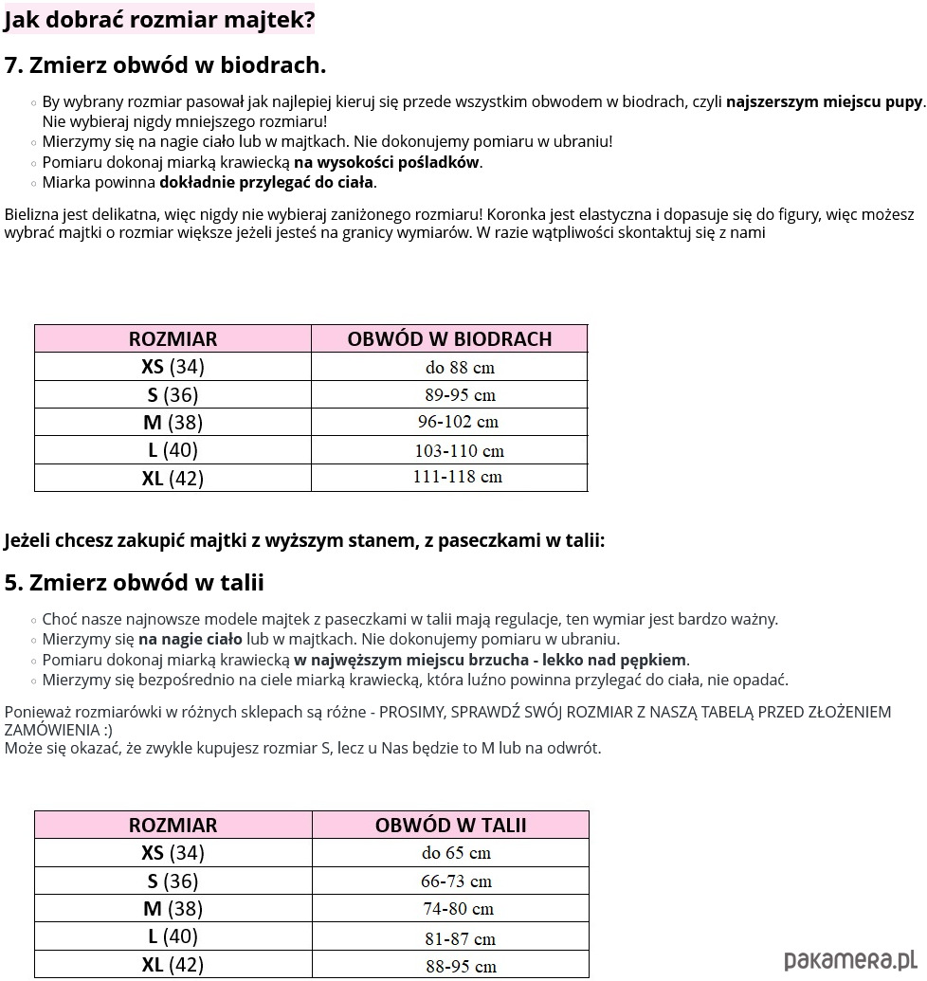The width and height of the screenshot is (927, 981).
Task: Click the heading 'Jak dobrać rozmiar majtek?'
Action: (x=159, y=19)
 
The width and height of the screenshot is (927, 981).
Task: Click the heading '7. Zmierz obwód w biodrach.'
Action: (x=165, y=64)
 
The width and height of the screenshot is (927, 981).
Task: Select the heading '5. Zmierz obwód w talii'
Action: (x=134, y=581)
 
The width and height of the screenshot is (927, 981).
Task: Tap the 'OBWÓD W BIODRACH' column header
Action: (x=449, y=338)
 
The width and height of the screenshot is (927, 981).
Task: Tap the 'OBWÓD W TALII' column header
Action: (x=450, y=825)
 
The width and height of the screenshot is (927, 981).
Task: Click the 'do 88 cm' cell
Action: (x=460, y=367)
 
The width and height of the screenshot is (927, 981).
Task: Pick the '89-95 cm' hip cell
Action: (x=460, y=394)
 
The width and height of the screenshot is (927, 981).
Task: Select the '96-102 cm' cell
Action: (x=458, y=422)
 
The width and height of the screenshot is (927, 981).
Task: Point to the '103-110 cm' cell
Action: (x=459, y=450)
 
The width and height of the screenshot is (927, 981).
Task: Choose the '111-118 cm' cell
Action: (x=457, y=477)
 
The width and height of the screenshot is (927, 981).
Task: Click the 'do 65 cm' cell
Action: (x=456, y=852)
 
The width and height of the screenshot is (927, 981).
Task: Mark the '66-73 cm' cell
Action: (x=456, y=881)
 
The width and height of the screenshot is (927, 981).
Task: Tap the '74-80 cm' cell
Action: (x=457, y=908)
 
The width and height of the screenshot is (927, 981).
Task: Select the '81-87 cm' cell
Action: (x=460, y=938)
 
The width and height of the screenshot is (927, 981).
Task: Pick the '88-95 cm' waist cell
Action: (x=461, y=966)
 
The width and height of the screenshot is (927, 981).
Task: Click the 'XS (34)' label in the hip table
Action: (x=173, y=367)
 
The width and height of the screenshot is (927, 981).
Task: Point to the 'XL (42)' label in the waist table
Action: (x=173, y=965)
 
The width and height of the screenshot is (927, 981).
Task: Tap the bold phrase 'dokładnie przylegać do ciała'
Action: (x=266, y=182)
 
